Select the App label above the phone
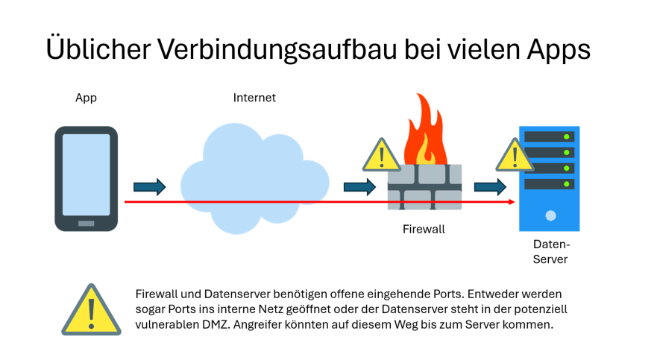[x=86, y=98]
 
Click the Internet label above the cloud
[x=254, y=98]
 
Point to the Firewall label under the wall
[x=424, y=229]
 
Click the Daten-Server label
[x=551, y=251]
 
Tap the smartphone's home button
[x=87, y=223]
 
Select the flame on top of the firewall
[x=424, y=130]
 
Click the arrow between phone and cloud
[x=149, y=186]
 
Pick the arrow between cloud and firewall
[x=359, y=186]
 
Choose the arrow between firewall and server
[x=490, y=186]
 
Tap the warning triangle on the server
[x=515, y=155]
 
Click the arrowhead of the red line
[x=512, y=202]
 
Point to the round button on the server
[x=550, y=216]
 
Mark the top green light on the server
[x=568, y=136]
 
